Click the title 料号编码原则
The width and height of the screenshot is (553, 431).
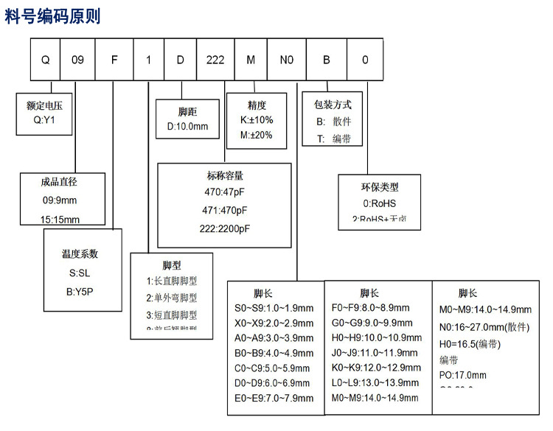point(53,16)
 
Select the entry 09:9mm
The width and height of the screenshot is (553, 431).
point(60,200)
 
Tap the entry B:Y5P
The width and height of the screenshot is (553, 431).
point(80,292)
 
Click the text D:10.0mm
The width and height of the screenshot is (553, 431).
point(188,126)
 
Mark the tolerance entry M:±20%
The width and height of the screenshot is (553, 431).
point(257,135)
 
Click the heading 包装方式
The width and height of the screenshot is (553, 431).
point(333,105)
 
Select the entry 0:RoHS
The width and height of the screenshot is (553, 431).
point(380,203)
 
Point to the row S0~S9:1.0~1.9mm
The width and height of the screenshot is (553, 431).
point(273,308)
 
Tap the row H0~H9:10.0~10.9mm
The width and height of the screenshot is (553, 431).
point(377,337)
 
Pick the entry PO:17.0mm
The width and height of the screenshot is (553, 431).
point(463,374)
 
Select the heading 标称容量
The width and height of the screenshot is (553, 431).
point(225,175)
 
